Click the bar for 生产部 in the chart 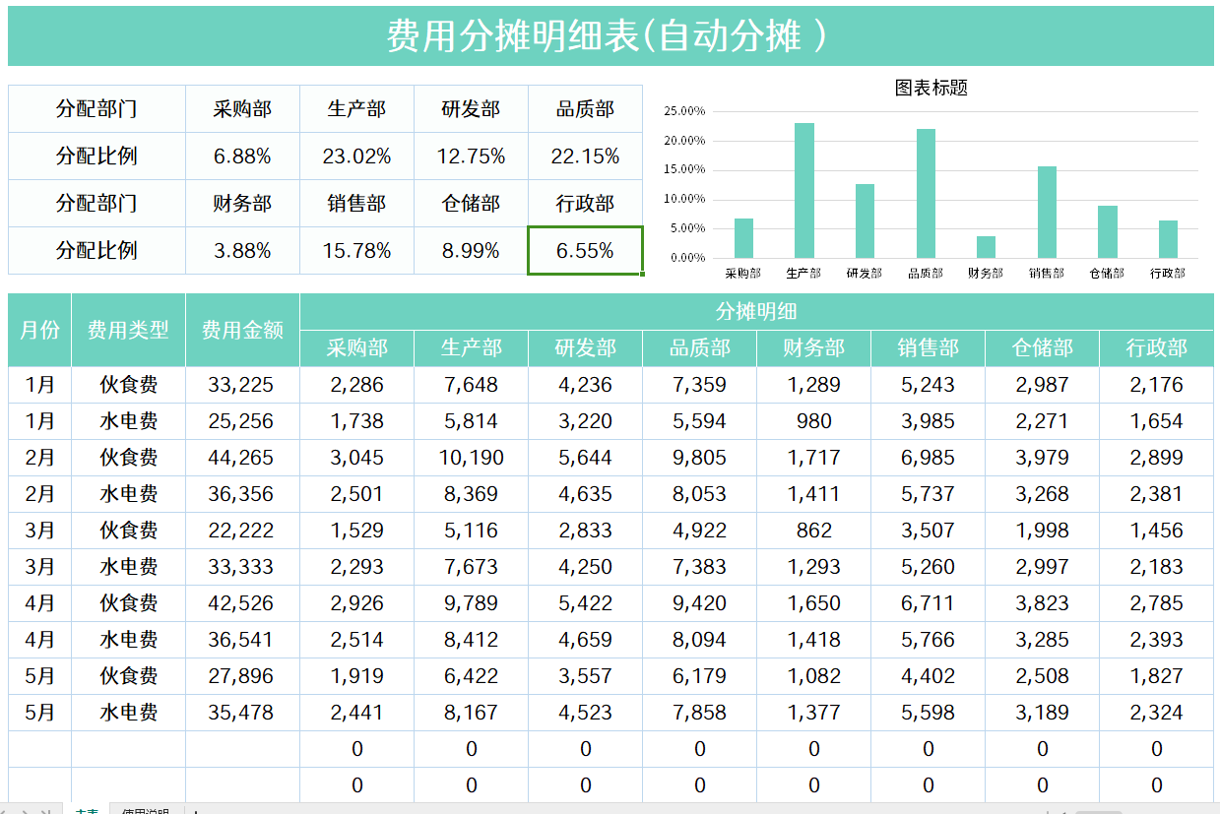coord(804,191)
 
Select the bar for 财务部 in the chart coord(986,247)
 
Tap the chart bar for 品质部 coord(926,194)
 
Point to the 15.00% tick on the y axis coord(684,169)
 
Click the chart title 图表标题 coord(931,88)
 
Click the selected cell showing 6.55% coord(585,251)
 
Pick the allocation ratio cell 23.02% coord(356,157)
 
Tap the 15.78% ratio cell coord(356,251)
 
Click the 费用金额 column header coord(242,330)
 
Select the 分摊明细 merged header coord(756,312)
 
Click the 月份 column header coord(39,330)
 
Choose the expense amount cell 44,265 coord(241,458)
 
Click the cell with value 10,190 coord(471,458)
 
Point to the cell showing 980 coord(813,421)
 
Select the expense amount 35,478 coord(241,713)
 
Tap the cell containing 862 coord(813,531)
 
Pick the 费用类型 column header coord(128,330)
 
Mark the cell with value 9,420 coord(699,603)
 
